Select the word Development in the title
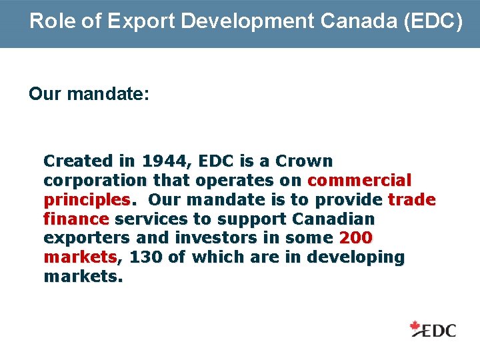[246, 21]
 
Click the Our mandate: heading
[89, 93]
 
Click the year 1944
[163, 161]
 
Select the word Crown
[304, 161]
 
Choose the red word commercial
[359, 180]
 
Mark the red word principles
[87, 199]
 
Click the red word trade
[411, 199]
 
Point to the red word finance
[75, 219]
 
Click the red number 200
[355, 238]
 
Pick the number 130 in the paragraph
[146, 257]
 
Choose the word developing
[360, 257]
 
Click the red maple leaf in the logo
[417, 327]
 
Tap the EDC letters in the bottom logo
[440, 329]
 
